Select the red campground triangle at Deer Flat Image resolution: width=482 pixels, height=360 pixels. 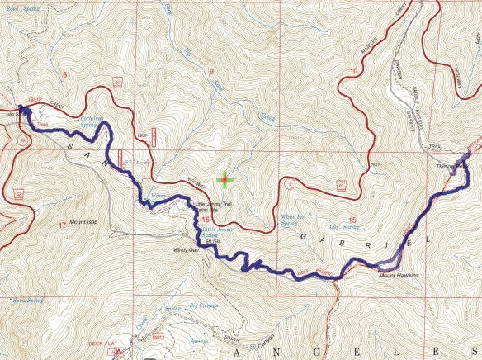119,351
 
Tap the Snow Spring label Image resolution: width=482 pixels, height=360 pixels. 26,301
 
